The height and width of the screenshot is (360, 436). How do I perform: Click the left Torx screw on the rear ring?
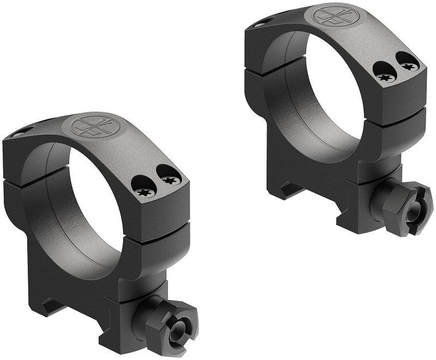click(x=384, y=76)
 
